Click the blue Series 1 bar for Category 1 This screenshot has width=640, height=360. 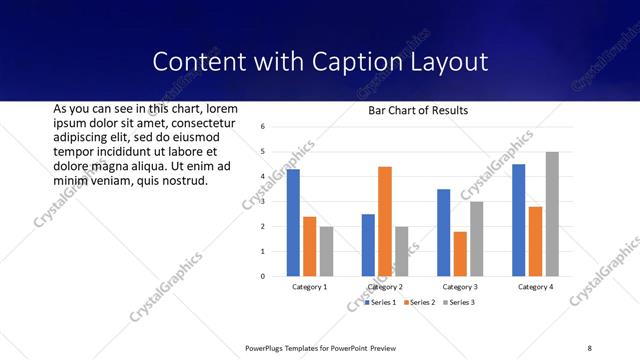(x=293, y=223)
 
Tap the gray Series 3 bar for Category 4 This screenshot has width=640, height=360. (x=552, y=214)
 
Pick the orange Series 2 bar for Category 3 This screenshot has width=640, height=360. (x=460, y=254)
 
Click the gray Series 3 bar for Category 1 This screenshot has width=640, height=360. (x=326, y=251)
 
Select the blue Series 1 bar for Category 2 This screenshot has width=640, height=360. (x=368, y=245)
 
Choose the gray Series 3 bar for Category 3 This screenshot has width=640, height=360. (x=477, y=239)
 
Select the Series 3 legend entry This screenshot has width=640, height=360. (x=458, y=302)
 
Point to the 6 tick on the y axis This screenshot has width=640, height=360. (x=261, y=127)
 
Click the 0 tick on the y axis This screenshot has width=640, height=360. (x=261, y=276)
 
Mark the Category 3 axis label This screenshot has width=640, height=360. (x=460, y=287)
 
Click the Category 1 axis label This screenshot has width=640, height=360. (x=309, y=287)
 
